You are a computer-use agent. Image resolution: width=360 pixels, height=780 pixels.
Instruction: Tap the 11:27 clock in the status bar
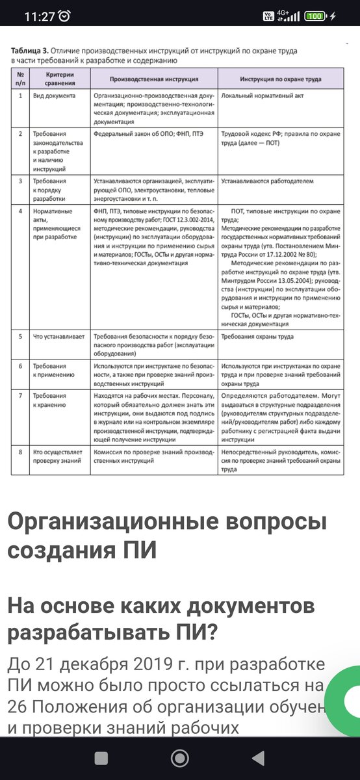[39, 16]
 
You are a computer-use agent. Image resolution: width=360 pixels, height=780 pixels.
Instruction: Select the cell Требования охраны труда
[257, 337]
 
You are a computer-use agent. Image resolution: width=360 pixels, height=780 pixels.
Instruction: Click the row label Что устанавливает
[59, 337]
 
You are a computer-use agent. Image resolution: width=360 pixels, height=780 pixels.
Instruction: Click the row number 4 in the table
[21, 211]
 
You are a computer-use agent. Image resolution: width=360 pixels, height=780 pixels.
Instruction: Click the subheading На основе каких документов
[161, 607]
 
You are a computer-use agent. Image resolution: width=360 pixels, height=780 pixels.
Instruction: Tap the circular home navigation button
[179, 758]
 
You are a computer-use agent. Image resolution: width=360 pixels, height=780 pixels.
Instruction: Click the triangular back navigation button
[259, 758]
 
